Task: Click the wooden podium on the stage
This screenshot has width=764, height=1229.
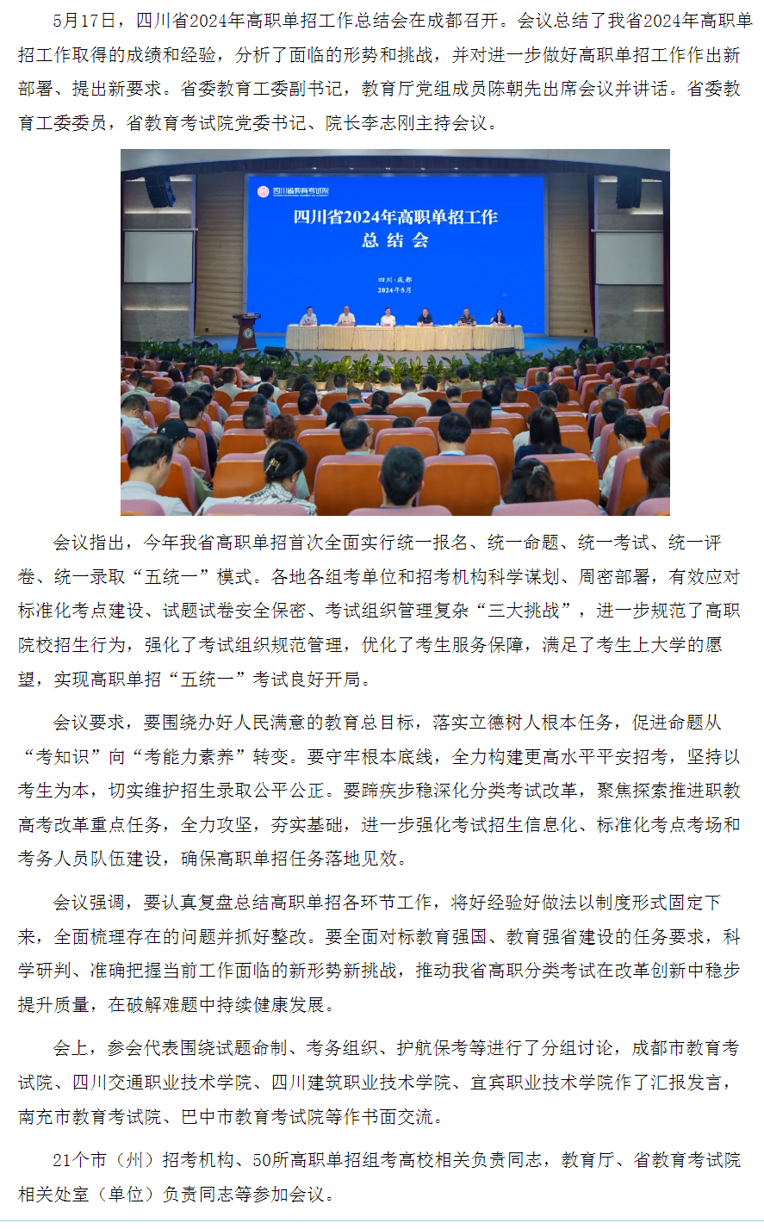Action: pos(247,331)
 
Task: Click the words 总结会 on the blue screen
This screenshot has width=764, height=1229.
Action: pos(394,240)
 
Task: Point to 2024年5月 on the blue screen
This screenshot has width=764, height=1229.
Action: pos(394,290)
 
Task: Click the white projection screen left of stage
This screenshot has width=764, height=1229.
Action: pos(159,256)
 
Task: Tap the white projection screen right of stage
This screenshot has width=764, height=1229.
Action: pos(629,258)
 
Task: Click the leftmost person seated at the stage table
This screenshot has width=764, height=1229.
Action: pos(309,317)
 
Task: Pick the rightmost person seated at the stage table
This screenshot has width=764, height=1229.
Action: pos(498,317)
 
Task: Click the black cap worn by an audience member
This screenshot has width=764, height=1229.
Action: pos(173,428)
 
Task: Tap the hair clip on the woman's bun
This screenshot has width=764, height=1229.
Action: pos(273,466)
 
